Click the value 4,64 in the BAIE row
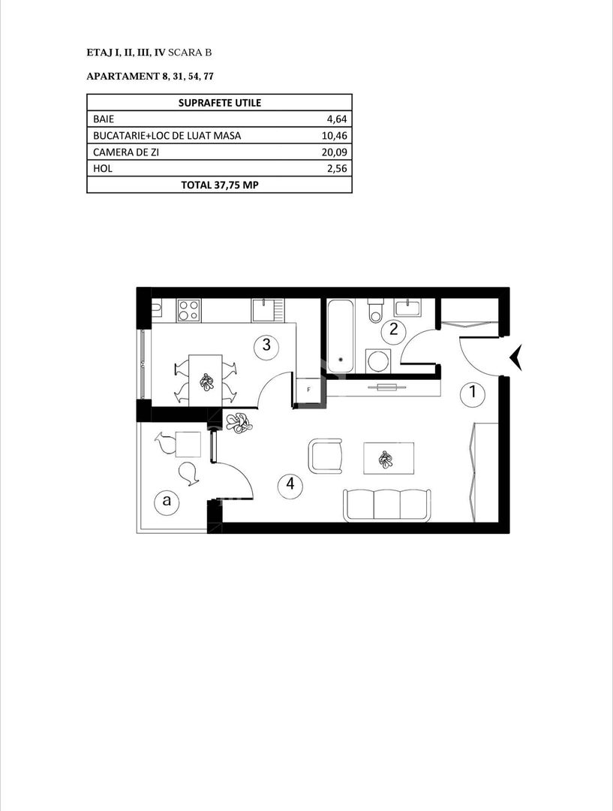(335, 119)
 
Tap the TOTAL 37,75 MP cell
(219, 185)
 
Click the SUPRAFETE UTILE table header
(219, 103)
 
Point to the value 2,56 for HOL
(335, 168)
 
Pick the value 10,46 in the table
(333, 135)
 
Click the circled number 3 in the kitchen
(266, 345)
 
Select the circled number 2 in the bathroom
(392, 329)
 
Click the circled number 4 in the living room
(290, 485)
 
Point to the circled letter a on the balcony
(165, 502)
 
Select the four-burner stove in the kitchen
(189, 309)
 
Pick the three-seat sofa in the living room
(386, 504)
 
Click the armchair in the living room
(326, 456)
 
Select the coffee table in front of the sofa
(387, 457)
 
